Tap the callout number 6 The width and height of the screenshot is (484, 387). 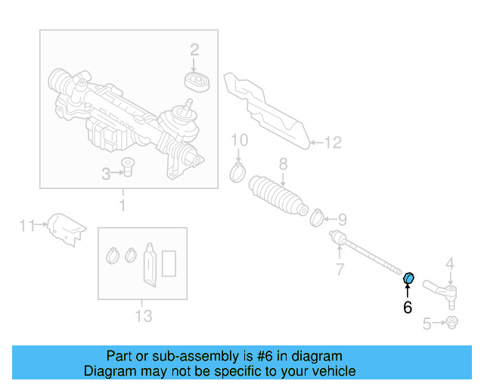408,307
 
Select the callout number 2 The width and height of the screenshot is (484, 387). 194,50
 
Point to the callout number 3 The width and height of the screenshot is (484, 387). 107,175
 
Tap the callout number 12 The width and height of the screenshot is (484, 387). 334,141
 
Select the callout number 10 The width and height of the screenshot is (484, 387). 239,140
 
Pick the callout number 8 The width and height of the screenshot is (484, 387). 283,163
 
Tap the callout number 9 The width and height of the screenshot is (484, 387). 342,220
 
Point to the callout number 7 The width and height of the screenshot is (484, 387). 340,269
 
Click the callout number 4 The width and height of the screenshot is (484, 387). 449,263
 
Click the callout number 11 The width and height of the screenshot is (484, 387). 26,224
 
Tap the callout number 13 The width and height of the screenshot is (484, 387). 143,314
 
